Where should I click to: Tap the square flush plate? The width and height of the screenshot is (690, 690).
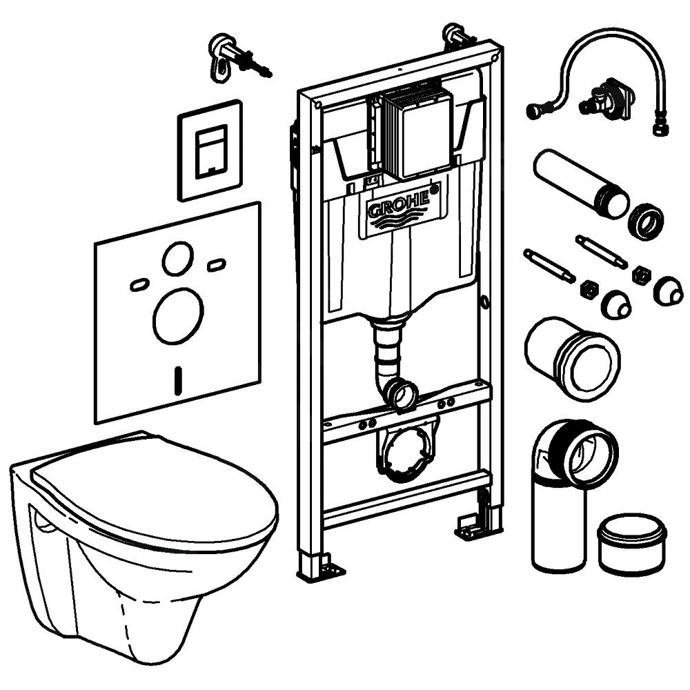pyautogui.click(x=210, y=150)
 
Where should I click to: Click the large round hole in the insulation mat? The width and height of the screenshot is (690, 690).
pyautogui.click(x=178, y=315)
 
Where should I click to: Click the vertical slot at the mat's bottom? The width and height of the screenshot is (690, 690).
pyautogui.click(x=179, y=379)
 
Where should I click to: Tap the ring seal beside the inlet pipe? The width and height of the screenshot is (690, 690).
pyautogui.click(x=646, y=221)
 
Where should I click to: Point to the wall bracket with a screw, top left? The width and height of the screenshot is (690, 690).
pyautogui.click(x=231, y=55)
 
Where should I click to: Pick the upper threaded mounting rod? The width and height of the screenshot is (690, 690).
pyautogui.click(x=601, y=252)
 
